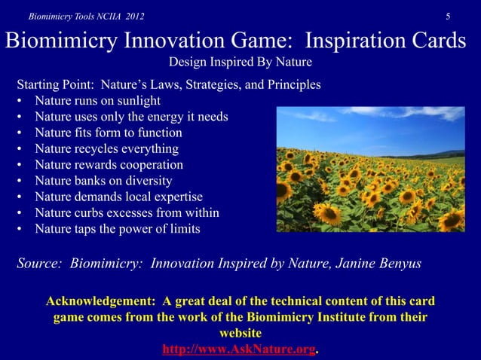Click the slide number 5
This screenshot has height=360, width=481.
[x=448, y=16]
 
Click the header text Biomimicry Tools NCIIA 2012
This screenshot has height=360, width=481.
[x=76, y=16]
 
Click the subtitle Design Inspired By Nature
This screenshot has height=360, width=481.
[x=240, y=62]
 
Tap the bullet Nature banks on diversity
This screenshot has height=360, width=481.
[x=104, y=181]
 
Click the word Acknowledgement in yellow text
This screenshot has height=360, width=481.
[x=104, y=302]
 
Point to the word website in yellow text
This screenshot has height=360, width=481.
[x=240, y=334]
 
